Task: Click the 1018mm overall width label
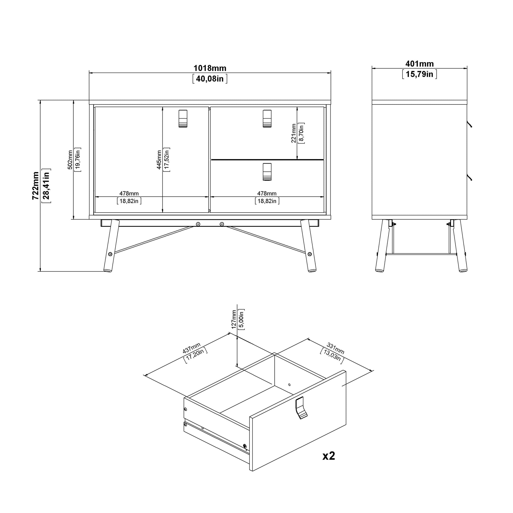210,68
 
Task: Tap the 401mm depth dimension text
419,64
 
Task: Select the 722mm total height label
36,186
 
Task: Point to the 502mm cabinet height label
70,160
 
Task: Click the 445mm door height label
159,160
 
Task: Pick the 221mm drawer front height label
293,133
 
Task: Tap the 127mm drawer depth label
234,320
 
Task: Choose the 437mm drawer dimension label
191,348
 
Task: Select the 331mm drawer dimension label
335,349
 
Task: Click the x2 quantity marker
329,456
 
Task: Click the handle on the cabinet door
183,118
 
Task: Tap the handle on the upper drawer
267,118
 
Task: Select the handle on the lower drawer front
267,172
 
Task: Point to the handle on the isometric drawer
301,408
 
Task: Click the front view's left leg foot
108,270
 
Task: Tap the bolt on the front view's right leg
309,254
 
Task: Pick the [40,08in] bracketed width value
210,79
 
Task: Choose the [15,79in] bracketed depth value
419,74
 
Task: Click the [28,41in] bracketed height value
46,186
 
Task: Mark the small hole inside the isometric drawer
289,384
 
